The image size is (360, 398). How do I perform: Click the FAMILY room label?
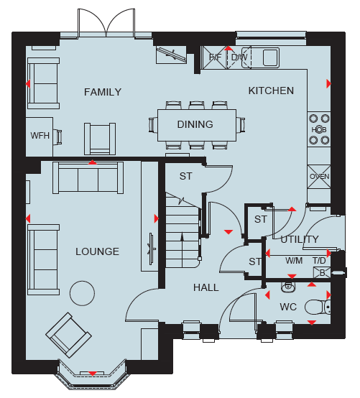103,92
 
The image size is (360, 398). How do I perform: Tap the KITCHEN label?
271,91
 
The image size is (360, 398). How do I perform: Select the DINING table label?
195,124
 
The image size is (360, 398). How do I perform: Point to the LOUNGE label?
97,251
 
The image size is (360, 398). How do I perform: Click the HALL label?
206,287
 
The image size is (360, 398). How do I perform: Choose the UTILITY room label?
300,239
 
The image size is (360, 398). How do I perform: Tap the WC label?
288,307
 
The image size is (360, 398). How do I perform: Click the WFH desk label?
40,136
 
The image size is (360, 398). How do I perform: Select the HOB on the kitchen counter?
319,129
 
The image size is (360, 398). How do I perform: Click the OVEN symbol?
319,177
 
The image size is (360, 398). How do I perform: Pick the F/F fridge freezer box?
215,57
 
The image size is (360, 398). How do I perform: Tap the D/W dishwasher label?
239,57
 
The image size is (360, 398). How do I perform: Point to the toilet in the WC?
318,307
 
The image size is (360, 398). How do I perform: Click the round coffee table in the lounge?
82,293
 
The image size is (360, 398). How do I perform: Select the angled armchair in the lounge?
68,335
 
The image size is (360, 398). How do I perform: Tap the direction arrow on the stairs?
182,249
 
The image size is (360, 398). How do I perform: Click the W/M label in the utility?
294,261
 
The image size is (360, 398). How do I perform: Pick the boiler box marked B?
322,273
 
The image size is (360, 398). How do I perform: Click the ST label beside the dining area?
186,176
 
